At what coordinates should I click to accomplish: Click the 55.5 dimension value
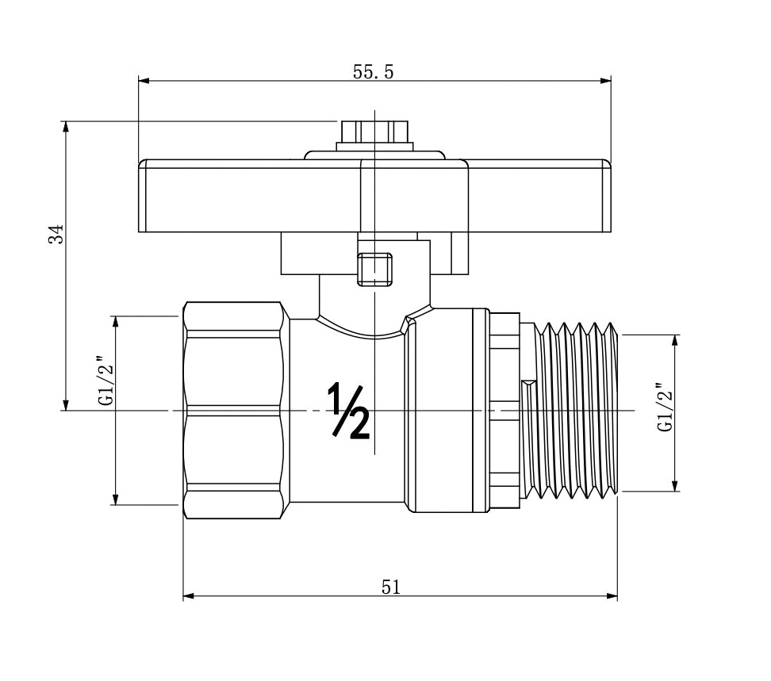[373, 71]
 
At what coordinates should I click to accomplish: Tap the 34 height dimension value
[55, 235]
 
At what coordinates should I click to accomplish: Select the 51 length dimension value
[391, 587]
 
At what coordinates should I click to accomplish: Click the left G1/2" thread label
[104, 381]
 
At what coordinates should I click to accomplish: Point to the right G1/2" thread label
[665, 407]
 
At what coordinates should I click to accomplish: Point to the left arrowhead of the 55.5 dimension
[144, 80]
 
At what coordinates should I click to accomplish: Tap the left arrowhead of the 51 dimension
[188, 596]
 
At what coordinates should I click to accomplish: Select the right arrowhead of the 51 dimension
[612, 596]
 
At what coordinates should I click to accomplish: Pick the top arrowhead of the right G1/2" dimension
[676, 340]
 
